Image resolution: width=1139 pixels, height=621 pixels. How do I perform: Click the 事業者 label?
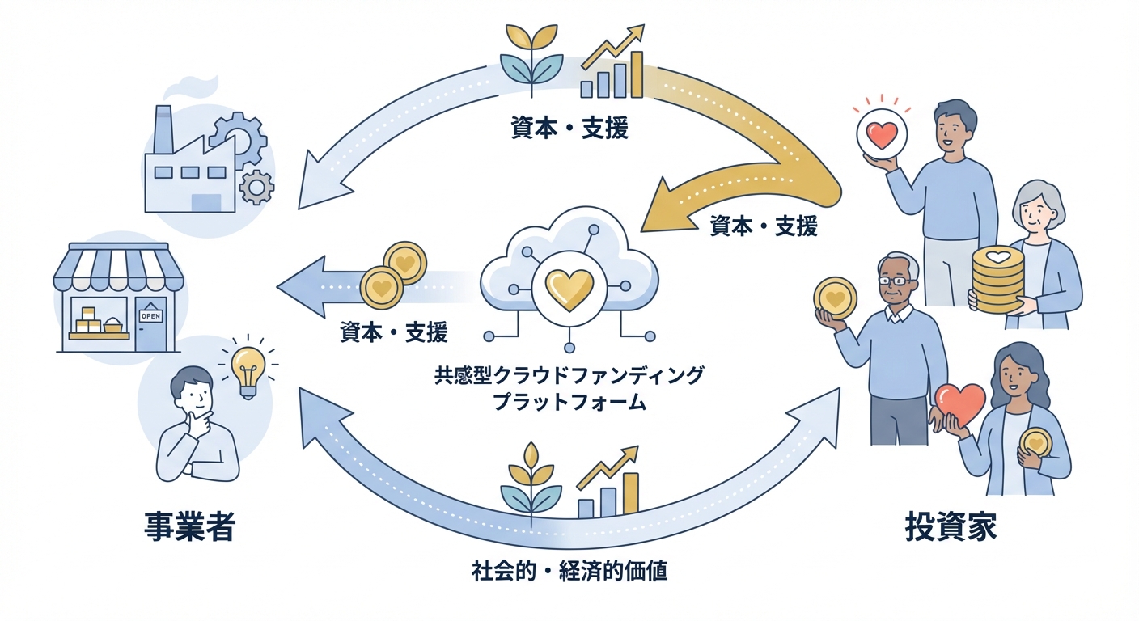[x=189, y=527]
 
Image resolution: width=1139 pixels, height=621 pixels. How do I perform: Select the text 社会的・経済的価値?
[x=569, y=571]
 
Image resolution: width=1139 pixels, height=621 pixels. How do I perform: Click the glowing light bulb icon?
[x=248, y=368]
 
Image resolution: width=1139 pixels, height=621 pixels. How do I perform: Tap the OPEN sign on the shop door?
[x=150, y=316]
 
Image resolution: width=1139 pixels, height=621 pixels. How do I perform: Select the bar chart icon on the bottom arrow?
[x=608, y=486]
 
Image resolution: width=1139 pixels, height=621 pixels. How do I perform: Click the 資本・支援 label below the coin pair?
[x=394, y=332]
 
